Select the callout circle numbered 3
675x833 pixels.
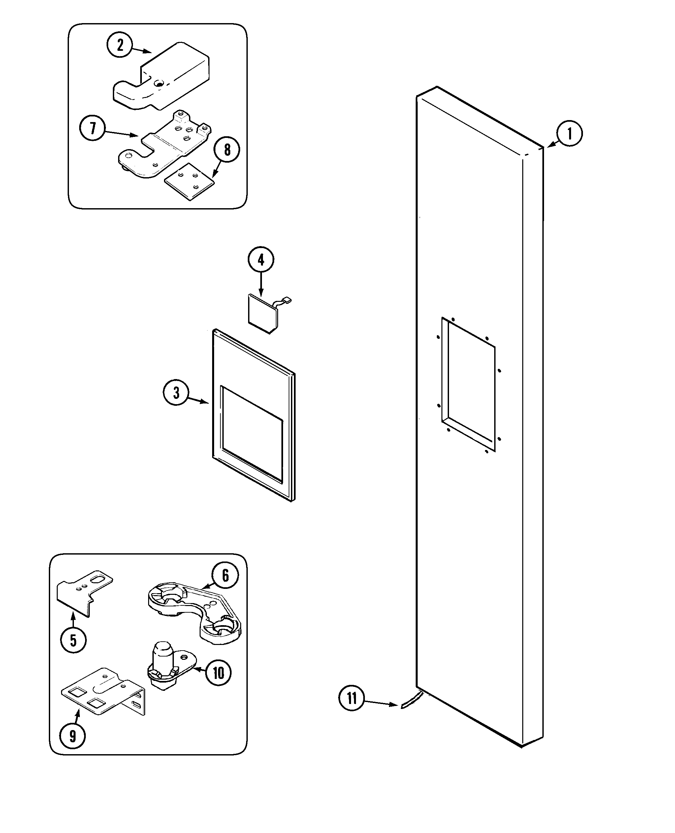point(176,393)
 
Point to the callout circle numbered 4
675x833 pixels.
point(261,260)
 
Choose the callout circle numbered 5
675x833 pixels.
point(73,640)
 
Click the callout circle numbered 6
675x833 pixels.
point(225,575)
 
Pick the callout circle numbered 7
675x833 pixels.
point(92,128)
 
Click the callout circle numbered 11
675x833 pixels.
point(351,698)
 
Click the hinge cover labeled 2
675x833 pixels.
point(167,78)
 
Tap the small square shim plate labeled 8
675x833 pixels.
point(189,181)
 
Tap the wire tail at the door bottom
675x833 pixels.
point(410,700)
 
